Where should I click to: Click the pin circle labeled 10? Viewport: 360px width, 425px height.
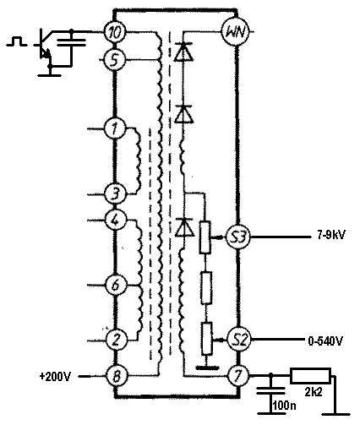tap(115, 32)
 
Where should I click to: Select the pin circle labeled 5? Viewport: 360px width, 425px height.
tap(114, 60)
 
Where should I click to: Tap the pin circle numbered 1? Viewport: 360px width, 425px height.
tap(115, 128)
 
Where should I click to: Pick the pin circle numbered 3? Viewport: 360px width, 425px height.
tap(115, 194)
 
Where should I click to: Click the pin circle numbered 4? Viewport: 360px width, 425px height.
tap(115, 220)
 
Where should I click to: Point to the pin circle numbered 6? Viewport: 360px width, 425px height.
tap(116, 285)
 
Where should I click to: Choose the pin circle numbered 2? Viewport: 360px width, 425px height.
tap(116, 340)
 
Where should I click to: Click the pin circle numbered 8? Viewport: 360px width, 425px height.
tap(116, 376)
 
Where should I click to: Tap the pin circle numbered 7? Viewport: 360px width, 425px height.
tap(238, 376)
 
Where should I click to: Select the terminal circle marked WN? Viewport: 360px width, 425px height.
tap(237, 31)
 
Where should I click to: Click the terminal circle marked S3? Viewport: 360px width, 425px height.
tap(238, 237)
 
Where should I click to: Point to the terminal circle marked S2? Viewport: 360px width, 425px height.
tap(238, 340)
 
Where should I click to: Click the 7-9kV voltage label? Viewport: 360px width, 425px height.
tap(331, 235)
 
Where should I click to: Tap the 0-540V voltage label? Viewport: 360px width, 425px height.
tap(325, 341)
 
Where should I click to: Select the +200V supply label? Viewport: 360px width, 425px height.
tap(56, 376)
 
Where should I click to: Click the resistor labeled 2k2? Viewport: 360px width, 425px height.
tap(310, 376)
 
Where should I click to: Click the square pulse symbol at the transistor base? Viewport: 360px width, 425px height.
tap(17, 41)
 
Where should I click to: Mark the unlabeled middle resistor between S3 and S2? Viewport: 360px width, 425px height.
tap(206, 288)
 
